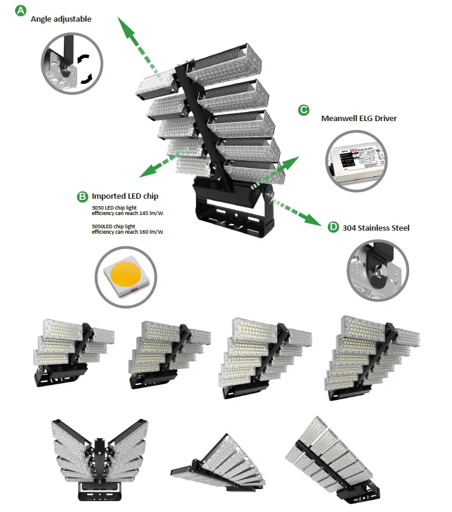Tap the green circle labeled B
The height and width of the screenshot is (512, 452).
[83, 196]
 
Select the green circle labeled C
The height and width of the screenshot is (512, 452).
[304, 110]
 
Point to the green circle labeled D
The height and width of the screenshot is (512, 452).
[333, 227]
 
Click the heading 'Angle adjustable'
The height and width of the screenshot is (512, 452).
[61, 19]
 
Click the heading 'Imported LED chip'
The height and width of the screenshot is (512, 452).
[125, 196]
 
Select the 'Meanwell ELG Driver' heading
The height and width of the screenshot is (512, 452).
[359, 119]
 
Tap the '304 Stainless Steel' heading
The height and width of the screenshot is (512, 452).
[375, 228]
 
